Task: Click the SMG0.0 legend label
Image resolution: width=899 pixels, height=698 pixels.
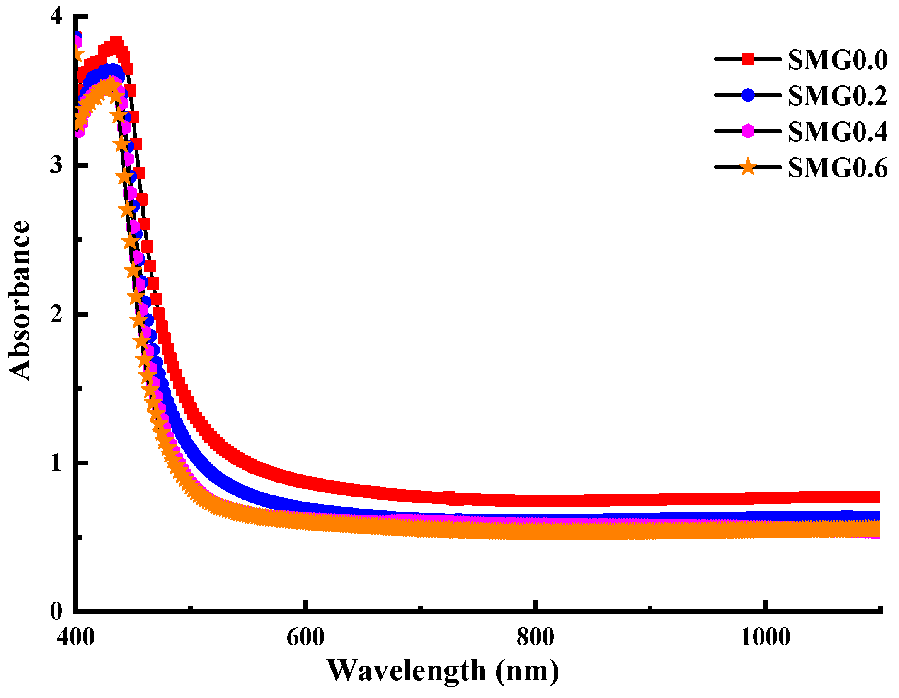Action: pyautogui.click(x=838, y=60)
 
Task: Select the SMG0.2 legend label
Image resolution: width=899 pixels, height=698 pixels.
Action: pyautogui.click(x=838, y=96)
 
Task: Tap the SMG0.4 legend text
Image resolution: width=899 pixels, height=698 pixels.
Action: pyautogui.click(x=838, y=132)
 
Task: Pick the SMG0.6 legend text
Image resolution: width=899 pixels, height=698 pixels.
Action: pyautogui.click(x=838, y=168)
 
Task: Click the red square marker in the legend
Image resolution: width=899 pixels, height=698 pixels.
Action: pyautogui.click(x=748, y=59)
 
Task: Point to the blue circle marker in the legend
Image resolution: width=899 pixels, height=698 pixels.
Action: pyautogui.click(x=748, y=95)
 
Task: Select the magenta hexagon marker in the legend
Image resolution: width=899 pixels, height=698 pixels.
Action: pyautogui.click(x=748, y=131)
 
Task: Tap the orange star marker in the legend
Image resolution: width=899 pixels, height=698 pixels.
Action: pyautogui.click(x=748, y=167)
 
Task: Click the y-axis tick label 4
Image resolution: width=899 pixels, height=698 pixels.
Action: pyautogui.click(x=56, y=17)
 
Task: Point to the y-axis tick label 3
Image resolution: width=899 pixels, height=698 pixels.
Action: pyautogui.click(x=56, y=165)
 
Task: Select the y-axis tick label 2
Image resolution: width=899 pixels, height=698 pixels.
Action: pyautogui.click(x=56, y=314)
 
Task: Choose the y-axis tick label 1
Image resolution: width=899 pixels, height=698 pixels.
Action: pyautogui.click(x=56, y=463)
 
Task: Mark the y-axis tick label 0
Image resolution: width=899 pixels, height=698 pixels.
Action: pyautogui.click(x=56, y=611)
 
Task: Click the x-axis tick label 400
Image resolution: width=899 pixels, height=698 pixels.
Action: pyautogui.click(x=76, y=637)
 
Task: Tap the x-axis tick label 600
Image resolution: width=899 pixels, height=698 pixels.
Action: pyautogui.click(x=305, y=637)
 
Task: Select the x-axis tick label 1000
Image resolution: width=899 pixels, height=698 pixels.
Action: pyautogui.click(x=765, y=637)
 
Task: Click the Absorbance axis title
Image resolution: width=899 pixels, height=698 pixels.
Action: pyautogui.click(x=19, y=300)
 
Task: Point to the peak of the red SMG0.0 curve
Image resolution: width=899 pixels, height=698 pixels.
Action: pyautogui.click(x=116, y=43)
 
